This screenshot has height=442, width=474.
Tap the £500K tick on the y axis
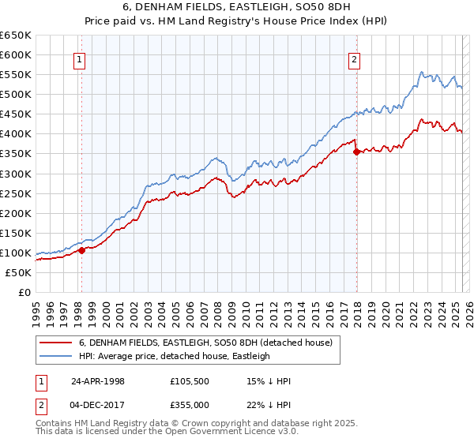click(16, 95)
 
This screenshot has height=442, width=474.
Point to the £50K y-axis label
click(18, 272)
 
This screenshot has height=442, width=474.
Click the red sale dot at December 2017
click(356, 152)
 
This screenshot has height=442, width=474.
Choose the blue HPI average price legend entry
click(174, 356)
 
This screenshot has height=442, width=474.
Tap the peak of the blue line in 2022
click(422, 71)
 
